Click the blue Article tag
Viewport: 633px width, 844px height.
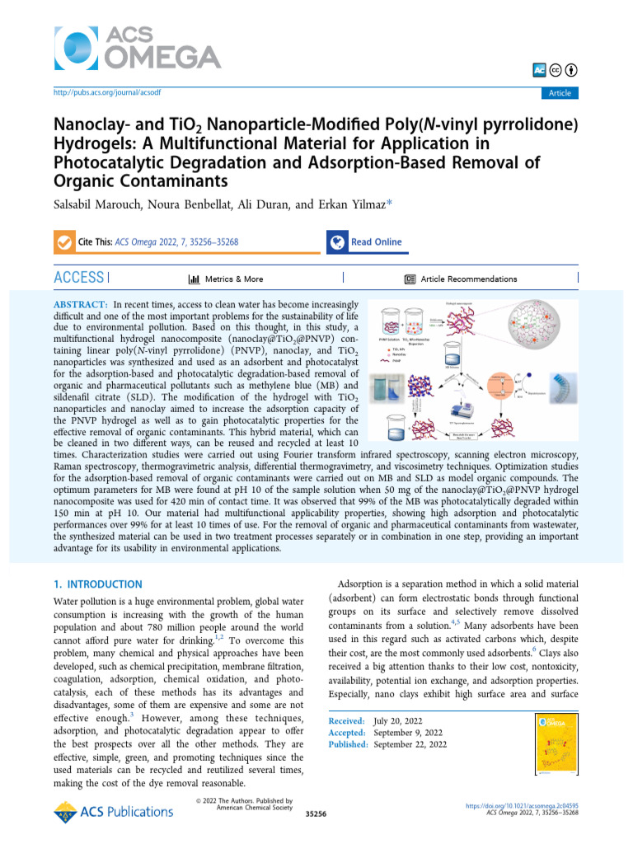560,93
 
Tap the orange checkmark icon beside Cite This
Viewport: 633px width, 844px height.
63,242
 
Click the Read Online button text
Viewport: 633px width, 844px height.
376,242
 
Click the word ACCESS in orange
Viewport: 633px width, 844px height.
78,279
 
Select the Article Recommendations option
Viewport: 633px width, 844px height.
468,279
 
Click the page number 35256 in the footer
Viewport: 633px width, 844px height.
316,814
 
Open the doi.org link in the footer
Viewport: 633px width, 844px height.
522,804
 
